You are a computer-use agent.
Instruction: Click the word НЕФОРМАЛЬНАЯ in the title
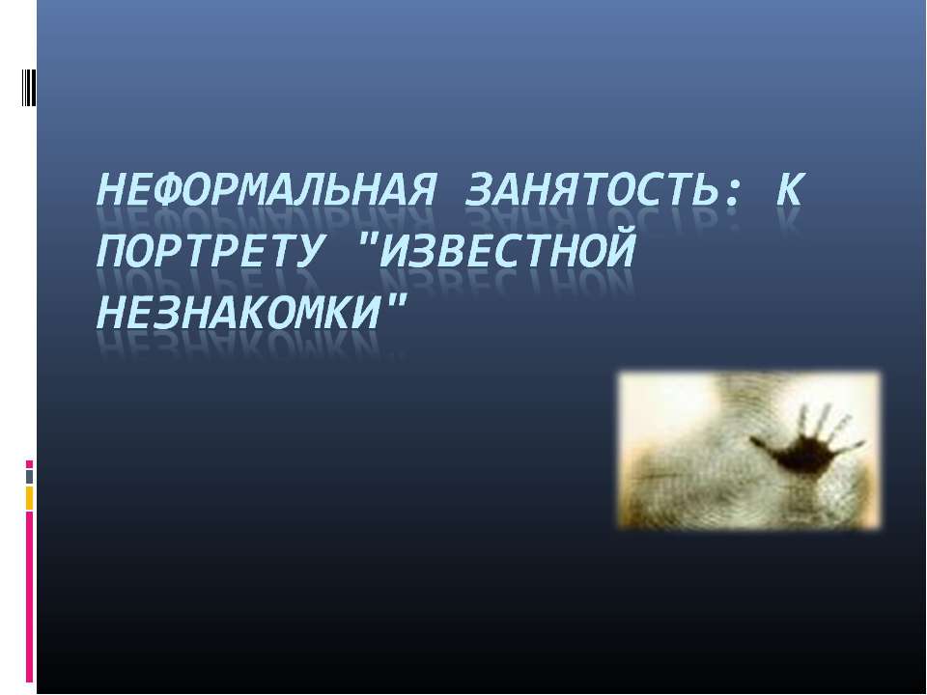pos(266,190)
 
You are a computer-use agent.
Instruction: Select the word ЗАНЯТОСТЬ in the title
pos(592,190)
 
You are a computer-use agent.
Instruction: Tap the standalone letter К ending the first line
pos(790,190)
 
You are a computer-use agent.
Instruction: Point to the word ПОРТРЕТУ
pos(210,251)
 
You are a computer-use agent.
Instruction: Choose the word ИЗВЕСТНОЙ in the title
pos(507,249)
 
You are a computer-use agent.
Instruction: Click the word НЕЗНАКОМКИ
pos(238,312)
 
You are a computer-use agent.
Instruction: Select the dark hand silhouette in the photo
pos(805,442)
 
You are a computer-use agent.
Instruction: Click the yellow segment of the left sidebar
pos(29,498)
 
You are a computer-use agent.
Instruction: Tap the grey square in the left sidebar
pos(29,477)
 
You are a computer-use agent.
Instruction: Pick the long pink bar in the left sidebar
pos(29,597)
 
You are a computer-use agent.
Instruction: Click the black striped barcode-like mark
pos(29,88)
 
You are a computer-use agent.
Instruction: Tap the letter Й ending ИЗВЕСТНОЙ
pos(620,249)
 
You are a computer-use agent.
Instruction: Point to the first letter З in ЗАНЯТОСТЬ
pos(480,190)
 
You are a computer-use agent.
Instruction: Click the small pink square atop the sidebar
pos(29,464)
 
